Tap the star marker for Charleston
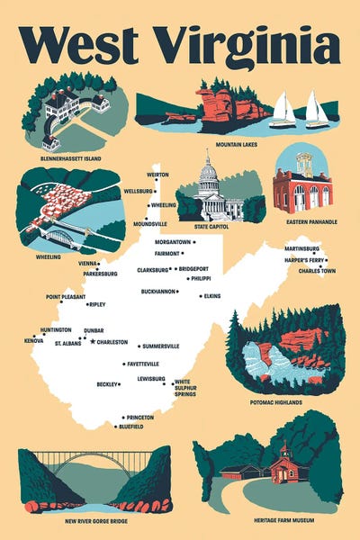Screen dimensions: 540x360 [x=93, y=341]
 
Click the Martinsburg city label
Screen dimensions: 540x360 [x=301, y=247]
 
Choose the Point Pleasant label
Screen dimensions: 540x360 [x=66, y=296]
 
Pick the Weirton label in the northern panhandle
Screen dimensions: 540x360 [x=158, y=175]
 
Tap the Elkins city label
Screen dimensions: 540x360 [x=211, y=295]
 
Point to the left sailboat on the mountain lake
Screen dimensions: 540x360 [x=283, y=112]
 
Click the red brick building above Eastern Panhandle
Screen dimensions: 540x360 [x=302, y=189]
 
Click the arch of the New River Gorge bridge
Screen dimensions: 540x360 [x=94, y=464]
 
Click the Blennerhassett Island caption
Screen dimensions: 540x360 [x=71, y=158]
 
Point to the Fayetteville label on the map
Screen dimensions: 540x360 [x=143, y=364]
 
